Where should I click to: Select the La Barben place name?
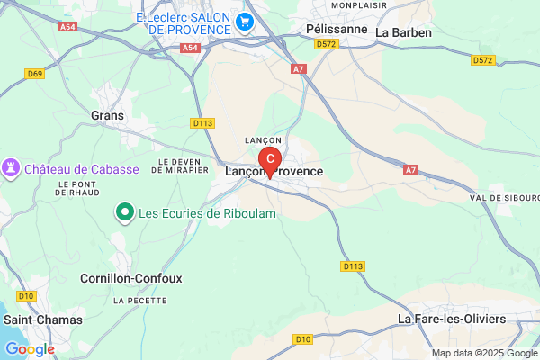404,32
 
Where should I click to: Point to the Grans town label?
108,115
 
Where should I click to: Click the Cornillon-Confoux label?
131,278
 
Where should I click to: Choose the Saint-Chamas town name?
43,319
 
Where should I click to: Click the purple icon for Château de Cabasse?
12,168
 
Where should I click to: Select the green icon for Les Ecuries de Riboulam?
125,213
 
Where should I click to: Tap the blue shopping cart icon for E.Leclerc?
243,19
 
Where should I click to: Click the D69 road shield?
35,74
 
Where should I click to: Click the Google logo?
30,348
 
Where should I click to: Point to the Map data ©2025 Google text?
482,353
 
